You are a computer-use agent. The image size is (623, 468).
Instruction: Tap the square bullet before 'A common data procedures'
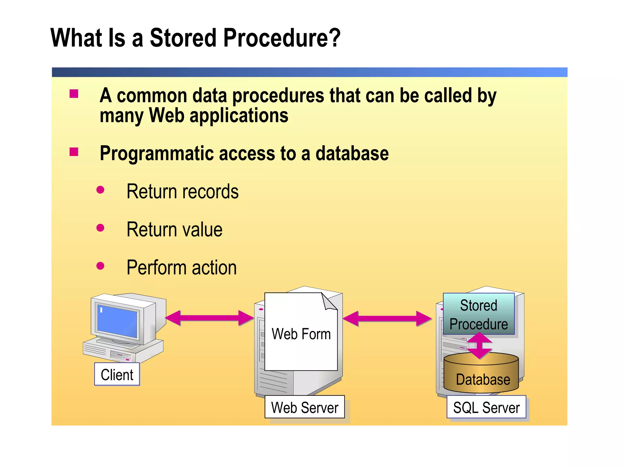tap(74, 94)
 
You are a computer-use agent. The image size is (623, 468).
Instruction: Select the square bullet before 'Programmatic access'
tap(74, 152)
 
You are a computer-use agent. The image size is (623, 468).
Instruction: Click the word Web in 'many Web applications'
tap(166, 115)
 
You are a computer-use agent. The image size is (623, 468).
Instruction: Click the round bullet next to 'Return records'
tap(100, 190)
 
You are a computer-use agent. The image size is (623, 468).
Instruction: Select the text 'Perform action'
tap(182, 268)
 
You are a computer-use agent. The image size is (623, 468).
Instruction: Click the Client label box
tap(117, 374)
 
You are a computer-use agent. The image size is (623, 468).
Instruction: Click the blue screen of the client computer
tap(117, 321)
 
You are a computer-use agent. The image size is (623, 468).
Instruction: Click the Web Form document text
tap(301, 334)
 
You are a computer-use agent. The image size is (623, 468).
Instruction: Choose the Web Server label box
tap(305, 407)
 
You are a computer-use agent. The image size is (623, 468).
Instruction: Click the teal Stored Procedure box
tap(479, 314)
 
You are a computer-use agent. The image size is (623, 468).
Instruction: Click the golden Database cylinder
tap(482, 376)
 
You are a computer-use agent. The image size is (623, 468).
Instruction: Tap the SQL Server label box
tap(486, 407)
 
